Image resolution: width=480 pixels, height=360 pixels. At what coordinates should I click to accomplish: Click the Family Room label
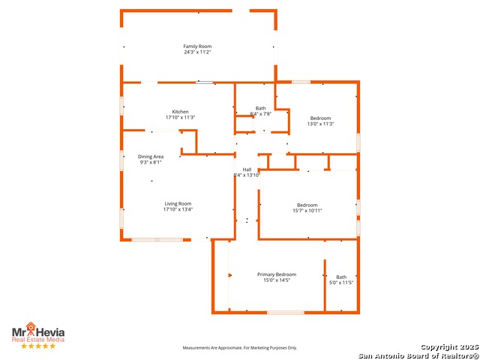coord(197,46)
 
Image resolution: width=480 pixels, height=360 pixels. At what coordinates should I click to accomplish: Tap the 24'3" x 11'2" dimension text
coord(197,52)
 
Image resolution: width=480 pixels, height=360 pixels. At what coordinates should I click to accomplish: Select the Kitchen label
coord(180,112)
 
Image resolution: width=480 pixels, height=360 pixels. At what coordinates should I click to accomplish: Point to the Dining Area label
coord(151,157)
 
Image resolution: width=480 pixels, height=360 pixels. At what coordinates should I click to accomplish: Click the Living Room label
coord(178,203)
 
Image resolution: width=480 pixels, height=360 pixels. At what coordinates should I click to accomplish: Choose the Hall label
coord(247,169)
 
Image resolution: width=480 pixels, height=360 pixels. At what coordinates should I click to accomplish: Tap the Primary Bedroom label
coord(277,274)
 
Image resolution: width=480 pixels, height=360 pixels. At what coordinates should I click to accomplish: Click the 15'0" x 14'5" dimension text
coord(277,280)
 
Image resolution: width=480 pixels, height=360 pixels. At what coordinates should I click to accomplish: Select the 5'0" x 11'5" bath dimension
coord(341,283)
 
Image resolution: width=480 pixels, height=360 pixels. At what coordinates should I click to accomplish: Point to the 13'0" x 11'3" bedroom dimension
coord(320,124)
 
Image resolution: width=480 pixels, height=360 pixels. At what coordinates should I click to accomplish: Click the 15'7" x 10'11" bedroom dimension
coord(307,211)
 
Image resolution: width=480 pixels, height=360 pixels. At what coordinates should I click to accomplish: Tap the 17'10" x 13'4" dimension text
coord(178,209)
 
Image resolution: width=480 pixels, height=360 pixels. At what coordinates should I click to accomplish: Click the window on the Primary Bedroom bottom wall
coord(286,313)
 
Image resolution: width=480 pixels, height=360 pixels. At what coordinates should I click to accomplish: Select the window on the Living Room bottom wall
coord(157,240)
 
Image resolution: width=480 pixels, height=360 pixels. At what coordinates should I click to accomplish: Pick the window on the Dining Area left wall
coord(121,160)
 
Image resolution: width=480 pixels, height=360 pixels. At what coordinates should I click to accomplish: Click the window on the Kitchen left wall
coord(121,106)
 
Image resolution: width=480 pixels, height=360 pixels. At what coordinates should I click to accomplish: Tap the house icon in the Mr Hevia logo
coord(31,326)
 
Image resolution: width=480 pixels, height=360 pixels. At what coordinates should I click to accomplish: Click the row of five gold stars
coord(38,346)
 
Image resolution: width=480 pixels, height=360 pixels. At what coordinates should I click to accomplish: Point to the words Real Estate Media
coord(38,340)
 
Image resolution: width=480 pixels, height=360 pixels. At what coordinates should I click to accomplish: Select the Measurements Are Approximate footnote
coord(240,348)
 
